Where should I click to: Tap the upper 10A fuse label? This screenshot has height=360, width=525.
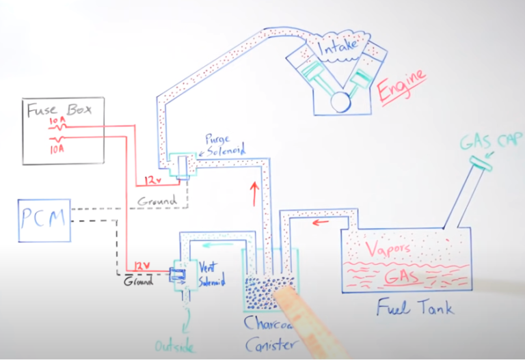57,122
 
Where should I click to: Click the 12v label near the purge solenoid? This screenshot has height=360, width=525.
153,181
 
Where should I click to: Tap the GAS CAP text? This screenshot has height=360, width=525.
486,143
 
